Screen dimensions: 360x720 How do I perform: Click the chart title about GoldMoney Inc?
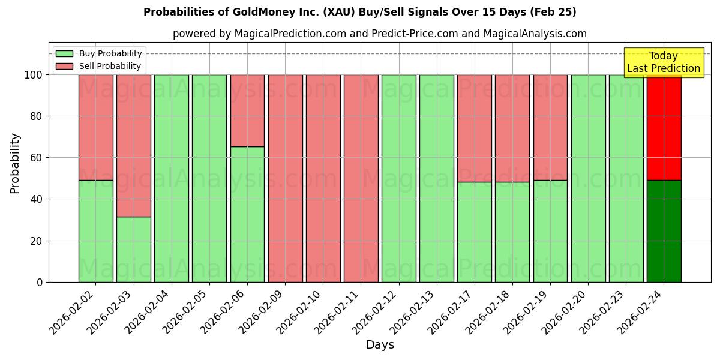coord(359,12)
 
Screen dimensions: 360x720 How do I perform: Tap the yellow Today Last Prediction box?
coord(663,62)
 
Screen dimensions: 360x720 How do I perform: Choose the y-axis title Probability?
coord(15,163)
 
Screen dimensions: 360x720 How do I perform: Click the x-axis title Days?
coord(380,345)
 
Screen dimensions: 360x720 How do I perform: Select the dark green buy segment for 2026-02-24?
coord(664,231)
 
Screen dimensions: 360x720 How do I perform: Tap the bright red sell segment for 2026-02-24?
coord(664,128)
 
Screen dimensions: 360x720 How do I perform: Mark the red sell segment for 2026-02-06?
coord(247,110)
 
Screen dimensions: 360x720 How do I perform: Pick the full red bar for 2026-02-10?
coord(323,178)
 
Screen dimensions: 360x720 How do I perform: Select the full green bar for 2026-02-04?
coord(171,178)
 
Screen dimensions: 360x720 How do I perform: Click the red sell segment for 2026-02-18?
coord(512,128)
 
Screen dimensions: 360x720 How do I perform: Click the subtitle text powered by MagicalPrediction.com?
coord(380,34)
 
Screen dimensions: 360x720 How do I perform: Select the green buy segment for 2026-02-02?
coord(95,231)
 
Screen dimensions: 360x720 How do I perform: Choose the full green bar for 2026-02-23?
coord(626,178)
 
